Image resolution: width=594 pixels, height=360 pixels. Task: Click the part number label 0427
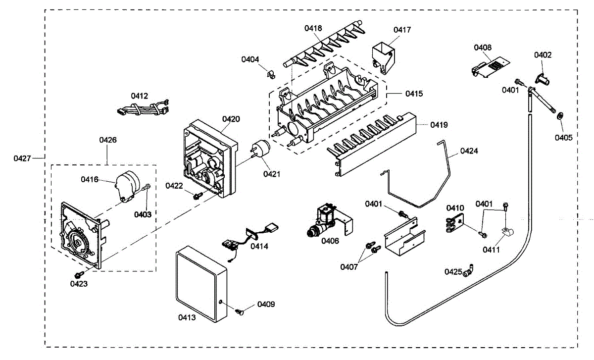(x=22, y=158)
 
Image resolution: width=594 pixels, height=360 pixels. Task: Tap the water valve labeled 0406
(x=329, y=220)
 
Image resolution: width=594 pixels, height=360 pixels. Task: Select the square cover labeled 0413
(x=201, y=284)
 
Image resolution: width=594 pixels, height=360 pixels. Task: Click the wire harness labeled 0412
(x=143, y=108)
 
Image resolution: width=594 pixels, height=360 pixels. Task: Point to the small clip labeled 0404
(x=271, y=75)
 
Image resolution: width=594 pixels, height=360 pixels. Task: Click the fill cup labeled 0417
(x=384, y=57)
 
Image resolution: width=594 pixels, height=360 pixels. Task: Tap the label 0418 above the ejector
(x=313, y=28)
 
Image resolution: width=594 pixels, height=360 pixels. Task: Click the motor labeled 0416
(x=127, y=186)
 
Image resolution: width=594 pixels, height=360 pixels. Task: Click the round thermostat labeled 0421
(x=260, y=149)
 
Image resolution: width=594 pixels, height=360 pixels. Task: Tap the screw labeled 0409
(x=240, y=311)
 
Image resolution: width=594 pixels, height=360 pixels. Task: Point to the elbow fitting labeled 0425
(x=468, y=271)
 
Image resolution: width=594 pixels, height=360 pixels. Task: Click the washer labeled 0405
(x=560, y=116)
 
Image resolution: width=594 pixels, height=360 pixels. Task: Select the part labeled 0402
(x=543, y=79)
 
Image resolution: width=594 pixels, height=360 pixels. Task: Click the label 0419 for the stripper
(x=439, y=125)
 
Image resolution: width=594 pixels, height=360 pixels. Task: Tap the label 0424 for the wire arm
(x=469, y=151)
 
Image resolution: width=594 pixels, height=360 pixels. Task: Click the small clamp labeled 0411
(x=507, y=232)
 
